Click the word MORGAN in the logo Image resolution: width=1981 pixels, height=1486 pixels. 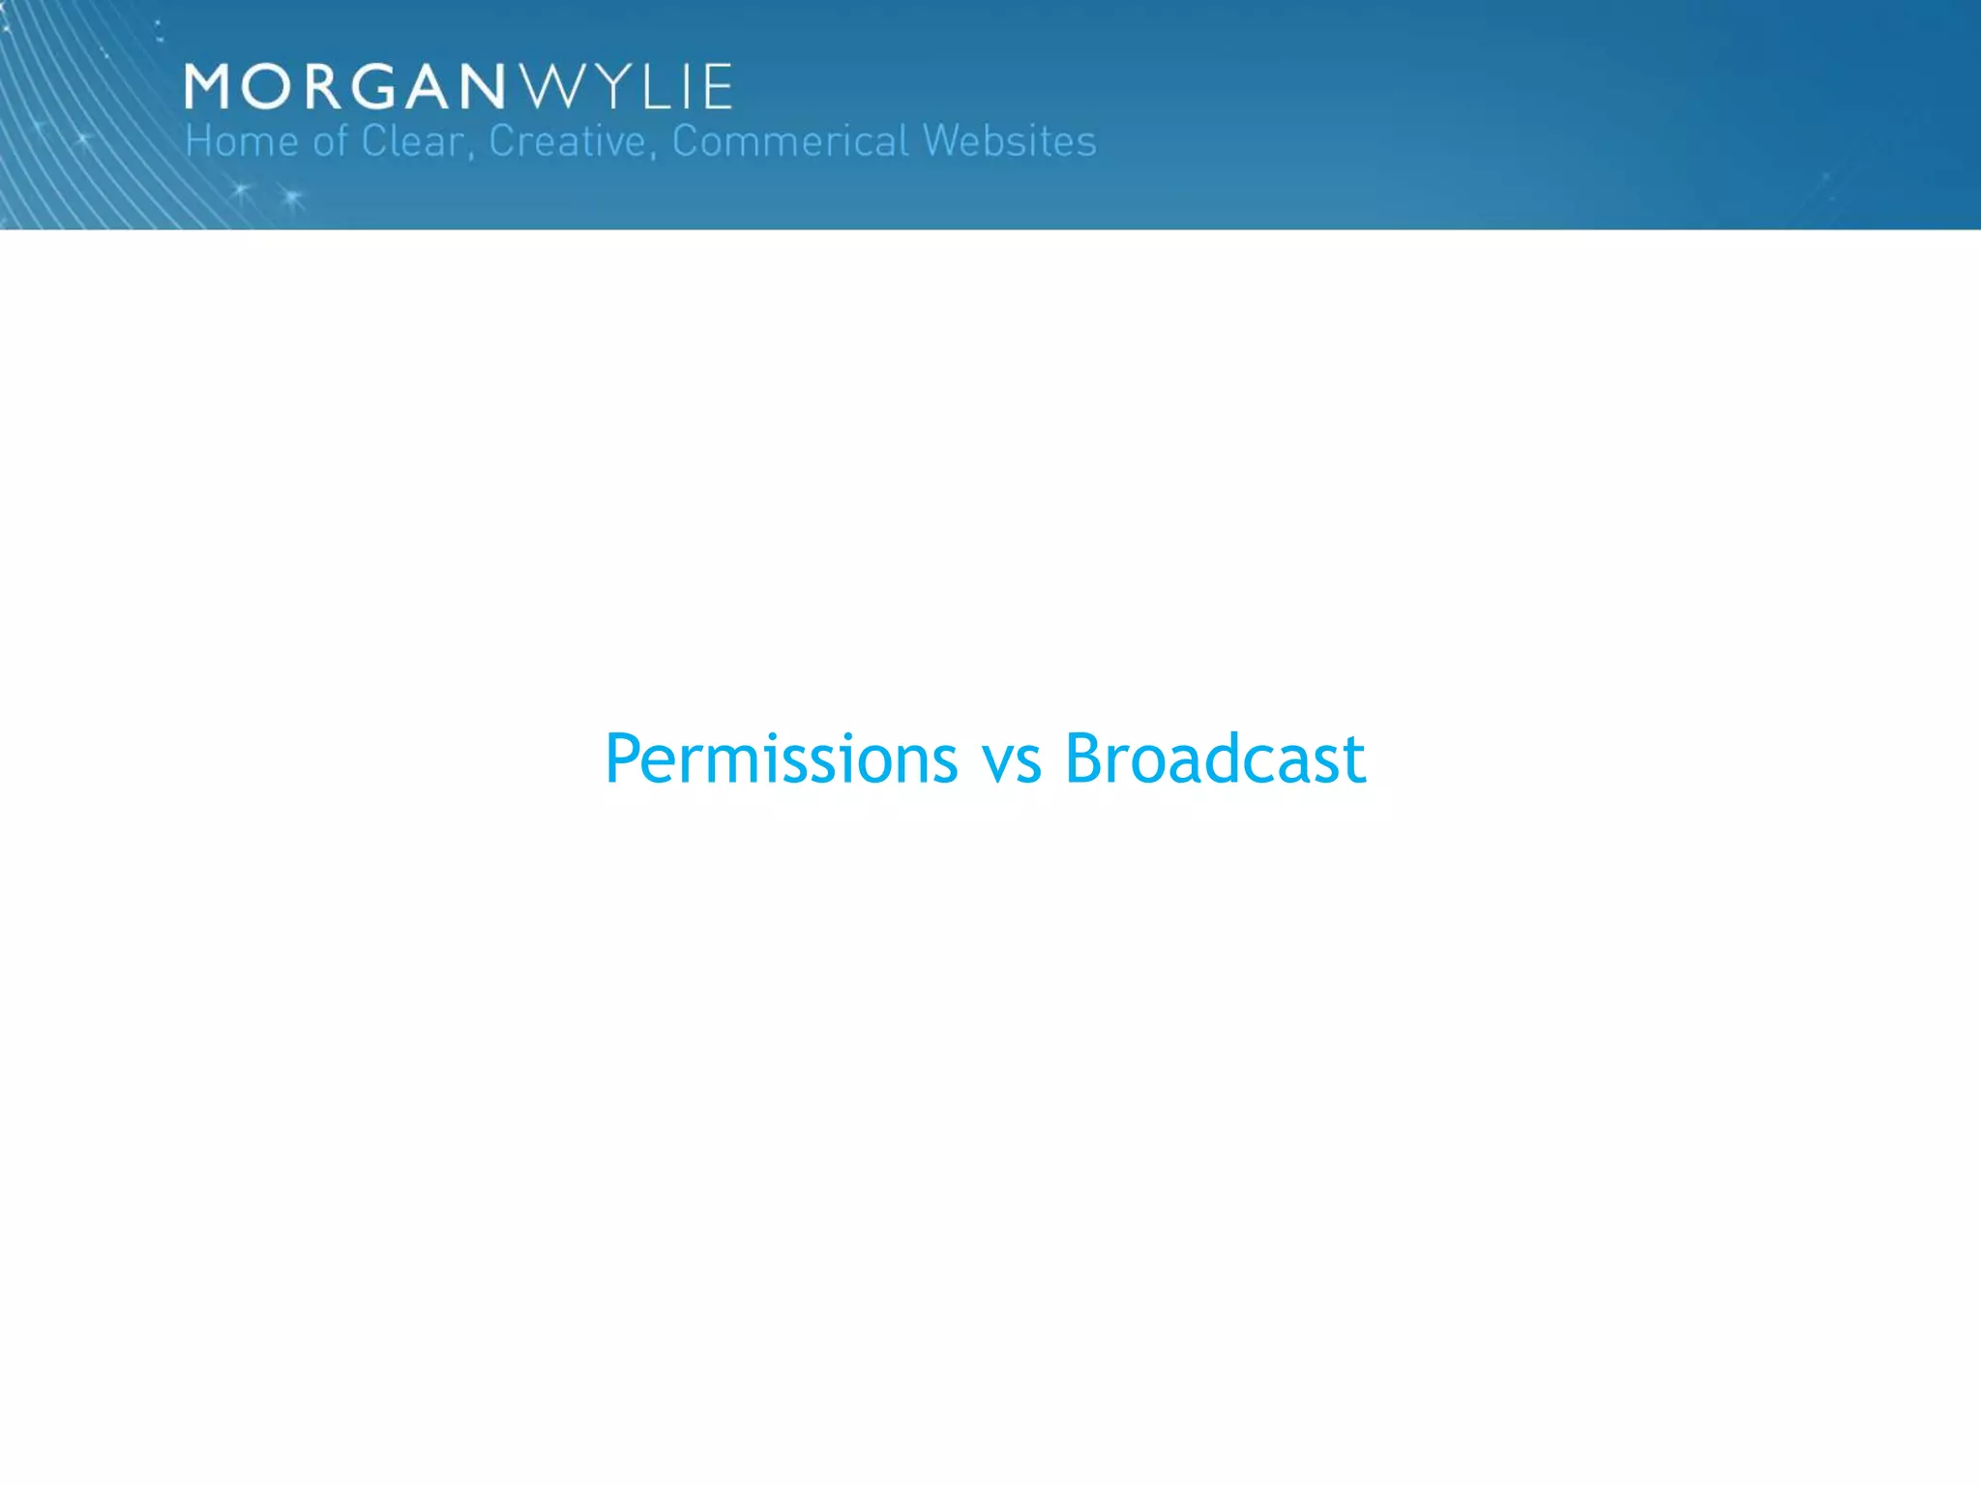point(345,87)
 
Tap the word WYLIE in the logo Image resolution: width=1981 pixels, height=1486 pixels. point(627,87)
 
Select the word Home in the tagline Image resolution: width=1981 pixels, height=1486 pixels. point(242,141)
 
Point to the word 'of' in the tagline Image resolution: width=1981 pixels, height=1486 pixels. point(330,141)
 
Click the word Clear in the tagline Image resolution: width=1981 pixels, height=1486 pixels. point(412,141)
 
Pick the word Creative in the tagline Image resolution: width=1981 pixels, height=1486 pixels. point(567,141)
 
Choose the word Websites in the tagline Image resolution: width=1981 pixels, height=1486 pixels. point(1010,141)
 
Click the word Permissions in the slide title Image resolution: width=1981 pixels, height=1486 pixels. point(782,758)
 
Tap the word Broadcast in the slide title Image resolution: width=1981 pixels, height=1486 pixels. point(1215,758)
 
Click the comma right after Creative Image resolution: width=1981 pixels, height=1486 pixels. point(652,155)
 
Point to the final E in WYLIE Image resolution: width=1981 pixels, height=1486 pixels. point(717,87)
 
